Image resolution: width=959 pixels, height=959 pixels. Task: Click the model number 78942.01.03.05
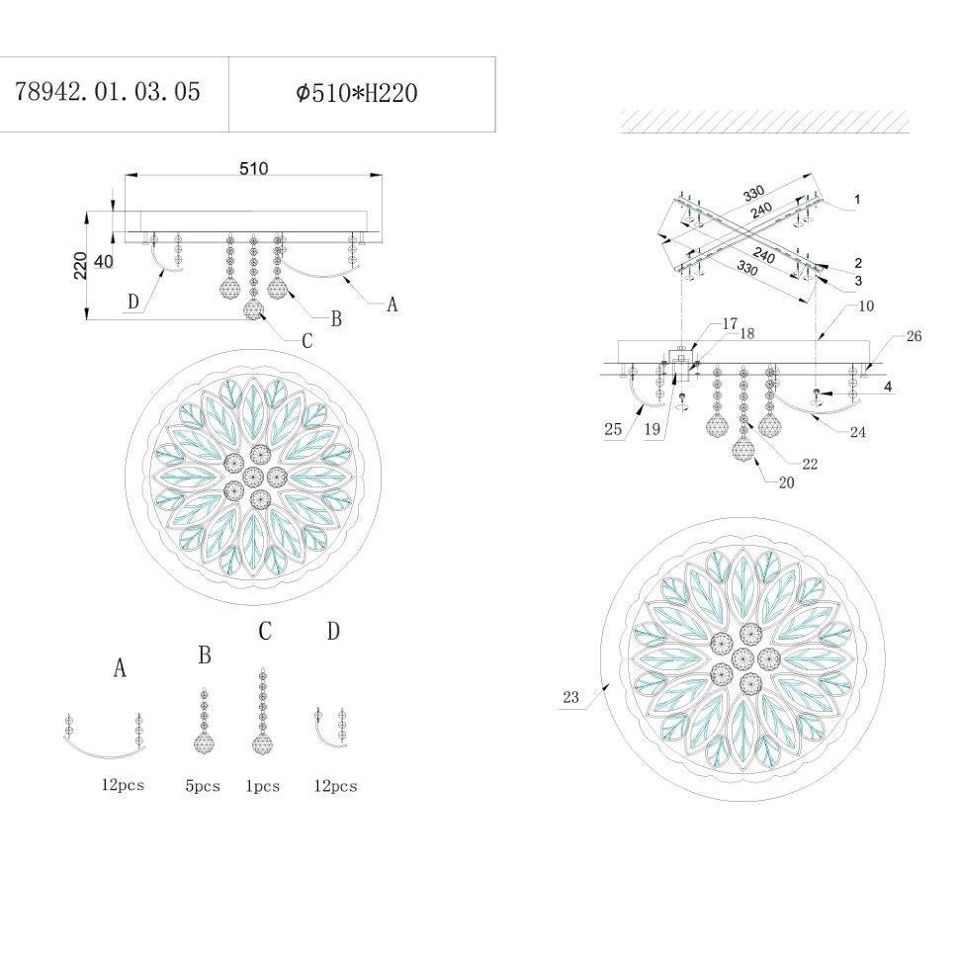[x=108, y=92]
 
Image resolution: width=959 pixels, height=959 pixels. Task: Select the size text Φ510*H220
[x=357, y=93]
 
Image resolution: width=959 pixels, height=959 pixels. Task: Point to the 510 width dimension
[x=254, y=168]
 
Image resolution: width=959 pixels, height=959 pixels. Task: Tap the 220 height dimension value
[x=80, y=266]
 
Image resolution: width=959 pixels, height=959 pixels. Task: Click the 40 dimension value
[x=104, y=261]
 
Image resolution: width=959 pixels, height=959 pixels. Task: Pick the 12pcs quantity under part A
[x=123, y=785]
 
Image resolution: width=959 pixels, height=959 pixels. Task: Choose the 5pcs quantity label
[x=203, y=786]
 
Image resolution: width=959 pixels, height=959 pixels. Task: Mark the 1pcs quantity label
[x=262, y=786]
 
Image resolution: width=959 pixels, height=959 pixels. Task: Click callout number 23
[x=570, y=697]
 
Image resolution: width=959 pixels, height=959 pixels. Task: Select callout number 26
[x=914, y=336]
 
